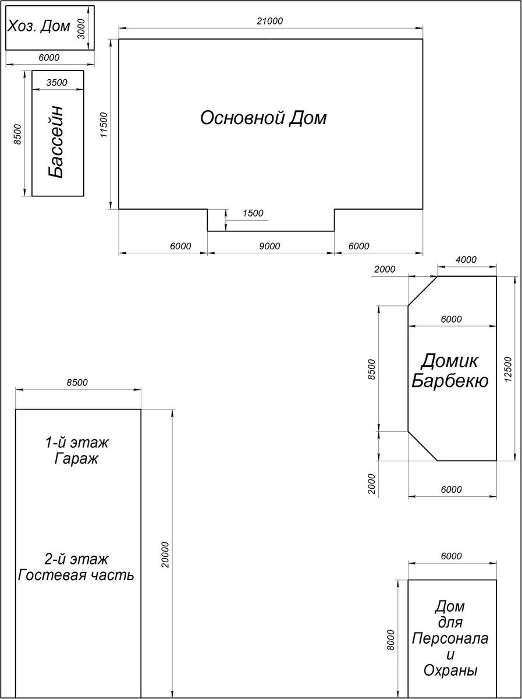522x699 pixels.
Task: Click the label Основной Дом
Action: [x=264, y=118]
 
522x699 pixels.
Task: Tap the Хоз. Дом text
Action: [x=38, y=26]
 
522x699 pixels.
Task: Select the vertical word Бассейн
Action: [x=56, y=142]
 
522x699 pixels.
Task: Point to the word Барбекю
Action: [x=450, y=380]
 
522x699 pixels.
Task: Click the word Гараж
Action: [x=76, y=459]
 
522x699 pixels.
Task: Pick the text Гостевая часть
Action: [x=76, y=576]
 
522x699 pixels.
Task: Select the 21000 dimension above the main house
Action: [x=270, y=21]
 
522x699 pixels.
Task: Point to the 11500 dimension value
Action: [x=104, y=125]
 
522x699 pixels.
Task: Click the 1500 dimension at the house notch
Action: [x=253, y=213]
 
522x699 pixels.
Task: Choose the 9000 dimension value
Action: [x=269, y=246]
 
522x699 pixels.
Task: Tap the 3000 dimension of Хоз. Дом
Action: [x=81, y=29]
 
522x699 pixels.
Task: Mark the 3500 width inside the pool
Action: [x=56, y=83]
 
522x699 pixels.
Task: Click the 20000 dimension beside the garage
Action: [x=165, y=555]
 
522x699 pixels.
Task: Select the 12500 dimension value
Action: [x=507, y=369]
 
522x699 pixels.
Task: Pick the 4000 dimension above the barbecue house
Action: [x=466, y=260]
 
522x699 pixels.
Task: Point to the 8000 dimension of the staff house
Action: [x=391, y=640]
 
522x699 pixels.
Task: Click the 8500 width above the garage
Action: [x=77, y=382]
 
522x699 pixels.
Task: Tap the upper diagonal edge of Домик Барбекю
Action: [x=422, y=291]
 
